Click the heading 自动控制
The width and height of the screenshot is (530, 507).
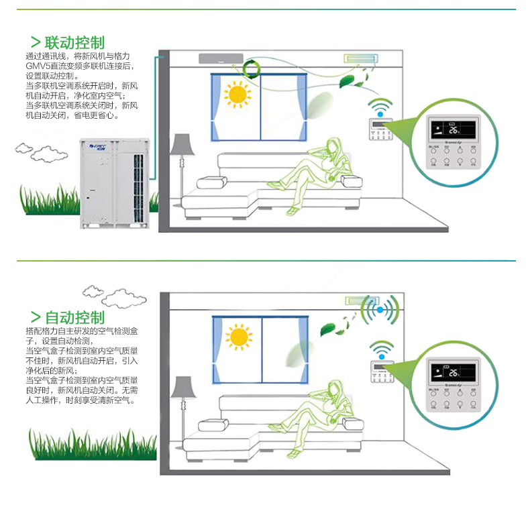tap(74, 317)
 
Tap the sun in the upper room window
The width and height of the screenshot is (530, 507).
tap(237, 95)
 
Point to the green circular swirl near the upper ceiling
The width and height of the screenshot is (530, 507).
tap(254, 68)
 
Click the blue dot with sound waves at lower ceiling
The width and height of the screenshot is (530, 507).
tap(380, 310)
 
